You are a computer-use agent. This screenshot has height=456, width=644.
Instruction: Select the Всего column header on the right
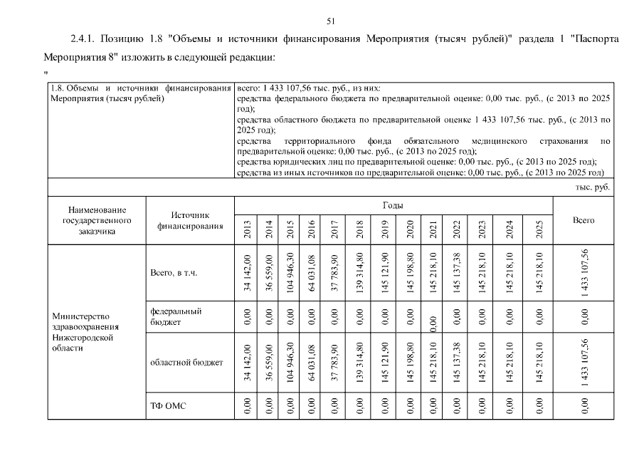[x=584, y=220]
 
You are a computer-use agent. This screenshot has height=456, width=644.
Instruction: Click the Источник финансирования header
[x=190, y=220]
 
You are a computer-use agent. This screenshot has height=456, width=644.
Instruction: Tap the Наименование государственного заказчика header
[x=97, y=220]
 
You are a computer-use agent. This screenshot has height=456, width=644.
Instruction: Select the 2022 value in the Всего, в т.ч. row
[x=457, y=273]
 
